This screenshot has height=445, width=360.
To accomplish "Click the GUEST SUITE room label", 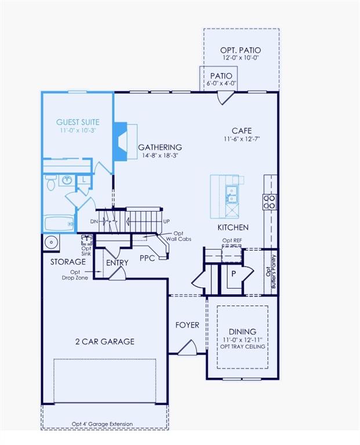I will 78,122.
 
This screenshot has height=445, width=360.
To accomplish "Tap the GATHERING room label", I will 160,147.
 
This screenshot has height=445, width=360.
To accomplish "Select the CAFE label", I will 242,130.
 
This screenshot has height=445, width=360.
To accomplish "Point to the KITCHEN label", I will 233,228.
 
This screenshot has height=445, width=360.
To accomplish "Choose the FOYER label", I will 187,325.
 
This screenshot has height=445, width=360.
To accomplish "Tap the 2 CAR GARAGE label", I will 104,341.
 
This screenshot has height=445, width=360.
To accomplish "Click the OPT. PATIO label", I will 241,50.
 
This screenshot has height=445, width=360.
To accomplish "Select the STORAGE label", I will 68,262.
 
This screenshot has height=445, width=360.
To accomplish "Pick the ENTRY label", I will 117,262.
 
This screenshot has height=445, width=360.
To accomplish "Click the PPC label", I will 147,258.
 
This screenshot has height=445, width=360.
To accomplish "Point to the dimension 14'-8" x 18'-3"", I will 159,156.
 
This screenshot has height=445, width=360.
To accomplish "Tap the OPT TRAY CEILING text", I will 242,346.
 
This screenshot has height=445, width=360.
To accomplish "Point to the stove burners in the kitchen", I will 270,201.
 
